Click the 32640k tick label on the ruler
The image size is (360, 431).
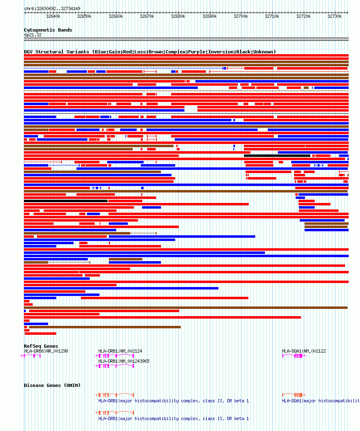[53, 17]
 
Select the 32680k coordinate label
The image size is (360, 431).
[178, 17]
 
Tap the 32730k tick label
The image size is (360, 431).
[335, 17]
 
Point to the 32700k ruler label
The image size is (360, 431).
[241, 17]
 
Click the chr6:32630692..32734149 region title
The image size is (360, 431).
[52, 8]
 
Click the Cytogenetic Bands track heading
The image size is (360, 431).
[48, 30]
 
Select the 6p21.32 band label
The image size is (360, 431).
[33, 35]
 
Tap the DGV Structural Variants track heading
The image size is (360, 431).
[150, 52]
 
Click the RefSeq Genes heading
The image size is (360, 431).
[41, 346]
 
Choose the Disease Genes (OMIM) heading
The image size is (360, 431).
[52, 385]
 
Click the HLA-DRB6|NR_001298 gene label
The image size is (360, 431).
[46, 351]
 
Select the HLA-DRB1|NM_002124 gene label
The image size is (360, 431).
[120, 351]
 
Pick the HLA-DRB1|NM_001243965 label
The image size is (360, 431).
[124, 361]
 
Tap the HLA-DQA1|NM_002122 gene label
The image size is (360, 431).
[304, 351]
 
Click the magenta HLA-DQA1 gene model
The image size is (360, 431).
[293, 356]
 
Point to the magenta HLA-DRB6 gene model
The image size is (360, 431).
[31, 356]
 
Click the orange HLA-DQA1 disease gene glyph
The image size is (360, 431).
[293, 395]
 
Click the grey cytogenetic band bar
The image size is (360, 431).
[186, 39]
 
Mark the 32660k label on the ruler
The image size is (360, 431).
[116, 17]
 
